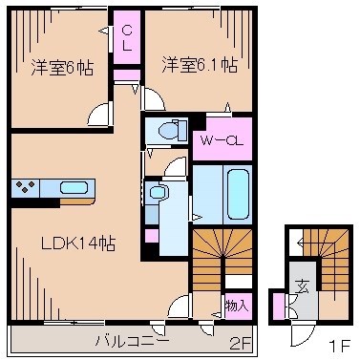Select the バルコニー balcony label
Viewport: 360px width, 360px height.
pos(131,339)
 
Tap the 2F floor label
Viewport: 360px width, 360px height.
pos(239,340)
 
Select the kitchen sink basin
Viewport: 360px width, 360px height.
pos(74,187)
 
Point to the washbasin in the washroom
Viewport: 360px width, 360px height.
pos(159,192)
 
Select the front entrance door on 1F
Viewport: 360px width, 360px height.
pos(302,331)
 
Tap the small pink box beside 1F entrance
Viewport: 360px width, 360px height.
pos(278,307)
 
